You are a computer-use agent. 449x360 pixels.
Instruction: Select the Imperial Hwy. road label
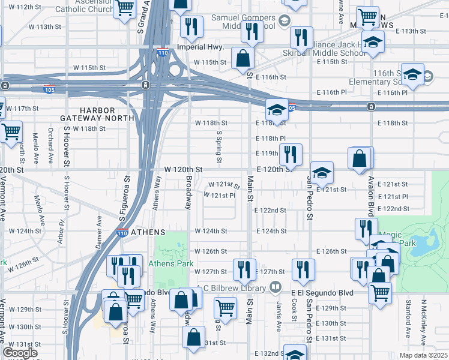[x=200, y=47]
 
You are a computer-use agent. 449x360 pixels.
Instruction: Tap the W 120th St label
[x=181, y=170]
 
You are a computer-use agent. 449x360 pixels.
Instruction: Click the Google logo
[x=20, y=353]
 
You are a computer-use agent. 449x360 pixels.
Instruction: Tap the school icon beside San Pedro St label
[x=322, y=173]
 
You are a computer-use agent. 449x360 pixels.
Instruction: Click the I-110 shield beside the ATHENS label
[x=122, y=233]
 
